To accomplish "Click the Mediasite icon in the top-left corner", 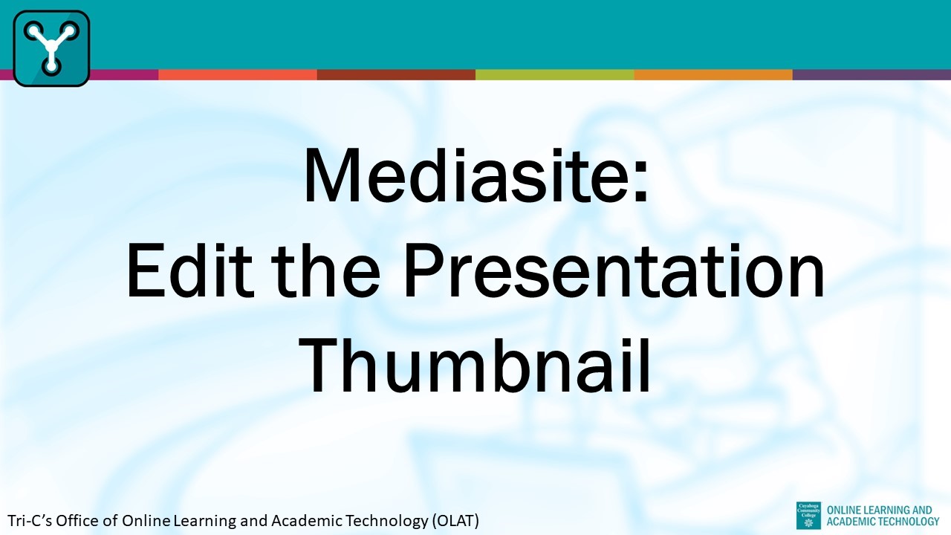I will click(x=51, y=48).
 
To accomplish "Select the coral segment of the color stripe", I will click(x=237, y=74).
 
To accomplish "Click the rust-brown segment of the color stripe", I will click(x=396, y=74).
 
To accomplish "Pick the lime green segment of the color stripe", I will click(x=554, y=74).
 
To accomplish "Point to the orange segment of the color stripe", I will click(x=713, y=74).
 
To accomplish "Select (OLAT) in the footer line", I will click(x=455, y=521).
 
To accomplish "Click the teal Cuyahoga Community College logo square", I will click(x=808, y=515).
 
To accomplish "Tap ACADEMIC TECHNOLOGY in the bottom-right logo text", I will click(x=882, y=522).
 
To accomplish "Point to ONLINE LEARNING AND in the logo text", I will click(x=878, y=510).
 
